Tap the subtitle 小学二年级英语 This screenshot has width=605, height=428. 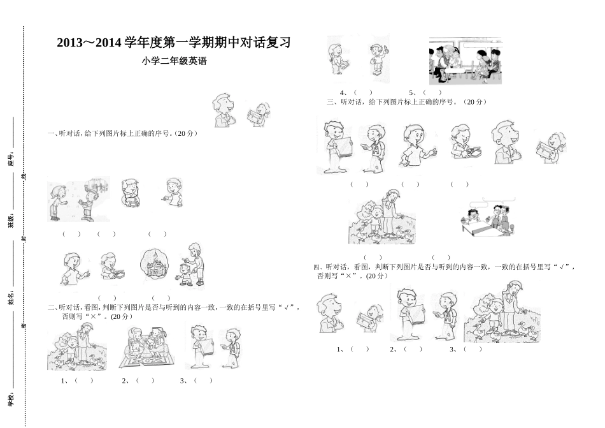click(x=175, y=62)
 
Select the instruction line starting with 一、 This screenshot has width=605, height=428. click(x=122, y=133)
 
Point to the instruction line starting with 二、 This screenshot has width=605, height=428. click(x=173, y=307)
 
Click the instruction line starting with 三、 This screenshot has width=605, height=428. click(x=406, y=101)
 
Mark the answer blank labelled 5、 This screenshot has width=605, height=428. click(x=432, y=92)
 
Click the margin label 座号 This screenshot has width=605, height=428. click(x=11, y=159)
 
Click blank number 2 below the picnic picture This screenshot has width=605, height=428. click(x=145, y=381)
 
